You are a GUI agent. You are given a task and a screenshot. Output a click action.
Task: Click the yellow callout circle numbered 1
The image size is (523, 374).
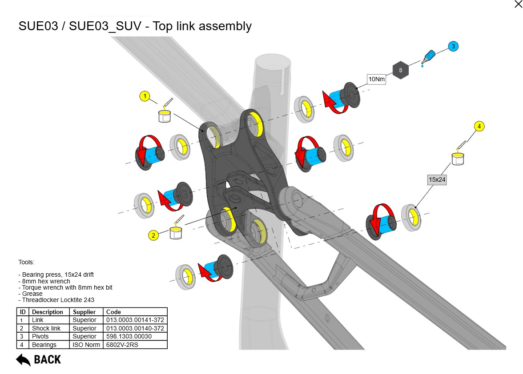145,96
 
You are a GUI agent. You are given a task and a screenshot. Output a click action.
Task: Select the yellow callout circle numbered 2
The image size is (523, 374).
153,235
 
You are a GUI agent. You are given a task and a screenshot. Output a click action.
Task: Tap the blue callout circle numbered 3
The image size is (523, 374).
453,46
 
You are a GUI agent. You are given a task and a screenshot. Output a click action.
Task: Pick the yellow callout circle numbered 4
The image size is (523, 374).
479,127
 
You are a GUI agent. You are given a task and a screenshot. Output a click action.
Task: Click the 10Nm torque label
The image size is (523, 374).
376,80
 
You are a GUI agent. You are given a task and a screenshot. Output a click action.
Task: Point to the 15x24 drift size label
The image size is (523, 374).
437,180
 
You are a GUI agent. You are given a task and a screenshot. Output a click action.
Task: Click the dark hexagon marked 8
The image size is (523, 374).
401,70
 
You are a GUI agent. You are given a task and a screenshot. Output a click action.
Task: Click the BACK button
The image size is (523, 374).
39,359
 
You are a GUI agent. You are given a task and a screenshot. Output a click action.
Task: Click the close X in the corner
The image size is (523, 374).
518,4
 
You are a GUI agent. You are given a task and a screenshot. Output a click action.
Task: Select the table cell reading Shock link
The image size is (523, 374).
46,328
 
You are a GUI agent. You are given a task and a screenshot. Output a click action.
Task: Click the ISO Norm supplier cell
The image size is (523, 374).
84,345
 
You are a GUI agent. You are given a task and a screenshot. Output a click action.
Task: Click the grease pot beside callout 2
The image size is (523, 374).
177,232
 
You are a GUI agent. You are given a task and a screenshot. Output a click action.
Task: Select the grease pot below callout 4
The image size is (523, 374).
458,158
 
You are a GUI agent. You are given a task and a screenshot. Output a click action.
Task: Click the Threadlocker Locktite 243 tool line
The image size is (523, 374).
56,300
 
